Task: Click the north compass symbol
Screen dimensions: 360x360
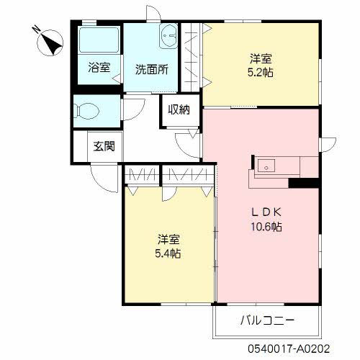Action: (x=50, y=42)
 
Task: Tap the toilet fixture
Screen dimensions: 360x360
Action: (x=86, y=111)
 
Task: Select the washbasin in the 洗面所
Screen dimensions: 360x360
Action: (x=168, y=36)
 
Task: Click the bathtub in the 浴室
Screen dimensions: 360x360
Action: (x=99, y=40)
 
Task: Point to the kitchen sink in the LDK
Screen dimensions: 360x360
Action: (x=266, y=166)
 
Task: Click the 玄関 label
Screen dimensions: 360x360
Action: (x=104, y=146)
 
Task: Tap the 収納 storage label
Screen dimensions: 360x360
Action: (x=179, y=110)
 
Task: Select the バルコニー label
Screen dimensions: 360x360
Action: (x=267, y=320)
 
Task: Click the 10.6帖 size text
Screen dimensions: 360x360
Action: (x=266, y=226)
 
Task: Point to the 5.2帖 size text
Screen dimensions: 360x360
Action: (x=261, y=72)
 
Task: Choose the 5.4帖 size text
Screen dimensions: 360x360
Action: (x=168, y=253)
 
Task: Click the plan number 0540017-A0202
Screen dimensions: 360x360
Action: (x=289, y=348)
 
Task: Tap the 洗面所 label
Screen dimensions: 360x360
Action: (x=152, y=70)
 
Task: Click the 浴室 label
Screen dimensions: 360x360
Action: (x=99, y=68)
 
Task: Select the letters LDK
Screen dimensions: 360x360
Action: (x=266, y=212)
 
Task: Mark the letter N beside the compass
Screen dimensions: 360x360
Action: (x=37, y=30)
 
